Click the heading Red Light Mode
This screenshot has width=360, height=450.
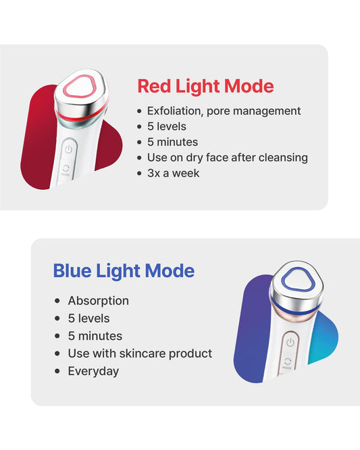pos(205,86)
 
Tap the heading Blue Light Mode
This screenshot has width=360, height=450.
pos(124,271)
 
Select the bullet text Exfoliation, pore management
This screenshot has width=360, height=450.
pos(224,111)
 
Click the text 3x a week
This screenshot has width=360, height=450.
pos(173,173)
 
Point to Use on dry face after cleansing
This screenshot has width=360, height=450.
pos(227,157)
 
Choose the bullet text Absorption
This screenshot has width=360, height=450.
pos(98,301)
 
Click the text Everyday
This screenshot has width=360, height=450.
pos(93,371)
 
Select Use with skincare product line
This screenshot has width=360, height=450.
pos(140,353)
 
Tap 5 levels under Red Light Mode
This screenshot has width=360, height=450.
pos(166,126)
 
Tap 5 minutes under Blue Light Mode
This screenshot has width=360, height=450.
pos(95,336)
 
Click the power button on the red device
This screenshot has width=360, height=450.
pos(68,148)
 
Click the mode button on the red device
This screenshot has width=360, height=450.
pos(66,169)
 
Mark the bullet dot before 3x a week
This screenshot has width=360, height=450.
pos(140,174)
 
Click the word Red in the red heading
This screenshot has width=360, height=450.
pos(154,86)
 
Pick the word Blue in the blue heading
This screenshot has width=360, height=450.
pos(72,271)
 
